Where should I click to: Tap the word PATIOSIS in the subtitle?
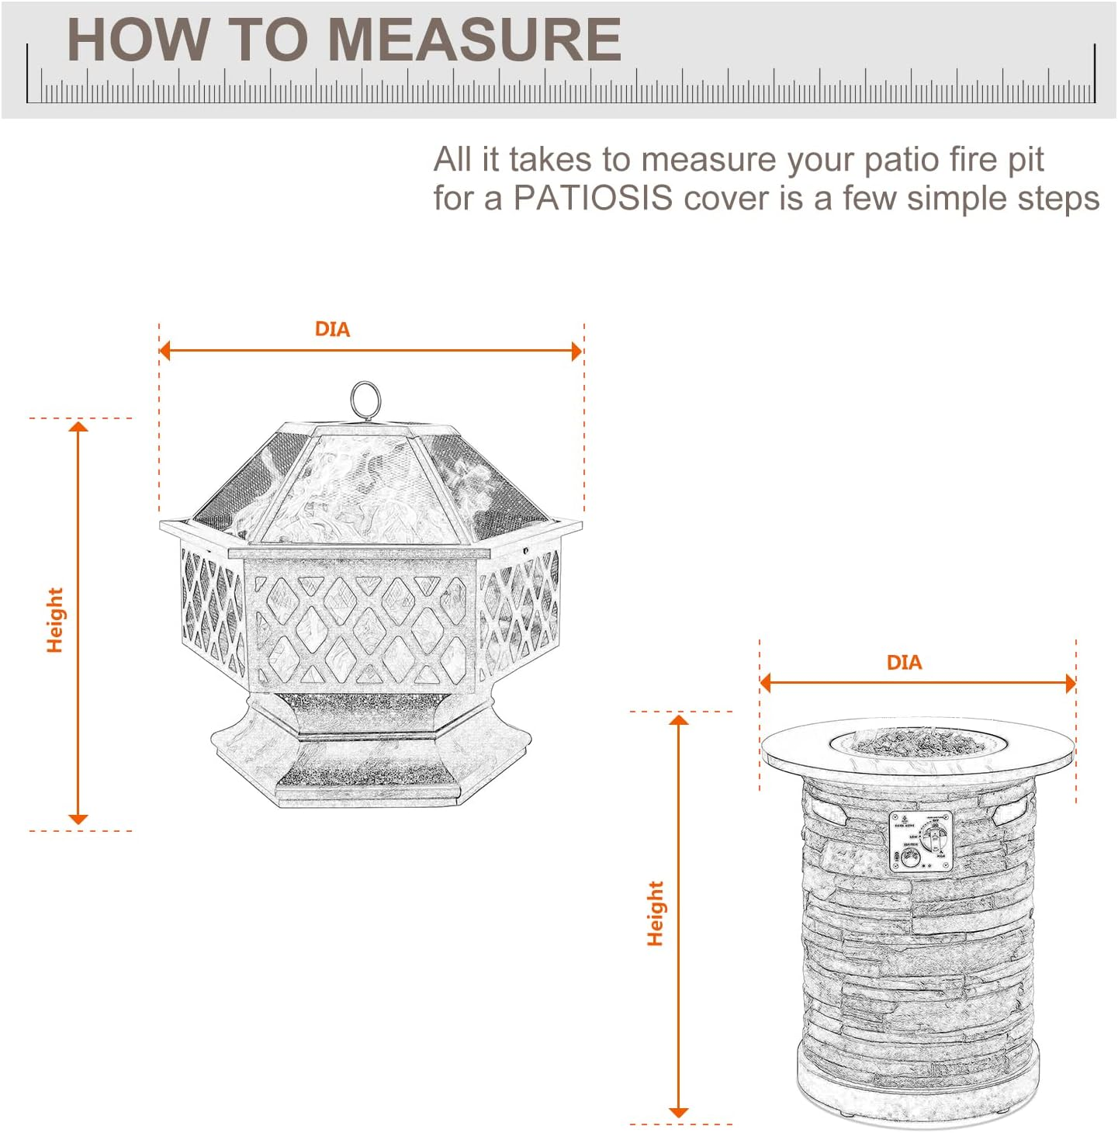[593, 198]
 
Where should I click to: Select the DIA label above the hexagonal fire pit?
[332, 330]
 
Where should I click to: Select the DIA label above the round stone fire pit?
[904, 663]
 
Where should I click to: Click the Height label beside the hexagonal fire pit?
[54, 620]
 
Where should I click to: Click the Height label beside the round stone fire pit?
[656, 913]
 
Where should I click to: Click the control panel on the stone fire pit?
[920, 841]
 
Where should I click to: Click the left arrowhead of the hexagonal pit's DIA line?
[164, 351]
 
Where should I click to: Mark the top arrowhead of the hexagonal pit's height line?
[78, 426]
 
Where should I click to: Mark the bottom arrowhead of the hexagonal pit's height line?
[78, 819]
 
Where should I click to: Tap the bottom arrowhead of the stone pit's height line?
[679, 1112]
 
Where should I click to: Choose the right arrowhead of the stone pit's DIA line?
[1071, 684]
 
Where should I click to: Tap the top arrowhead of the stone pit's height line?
[679, 720]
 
